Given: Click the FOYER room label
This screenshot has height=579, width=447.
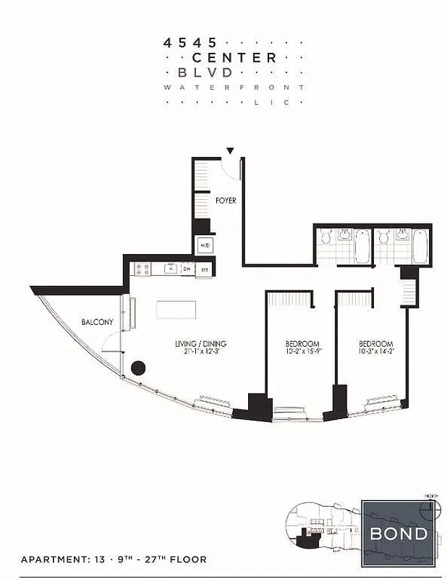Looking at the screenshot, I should pos(226,200).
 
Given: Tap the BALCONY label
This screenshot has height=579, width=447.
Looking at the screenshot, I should pos(95,321).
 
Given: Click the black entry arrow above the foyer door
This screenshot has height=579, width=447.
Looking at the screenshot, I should pos(230,151).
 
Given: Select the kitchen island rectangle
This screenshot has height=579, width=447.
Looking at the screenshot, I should pos(176,310).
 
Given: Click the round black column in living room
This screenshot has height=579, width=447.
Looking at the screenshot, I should pos(138,368).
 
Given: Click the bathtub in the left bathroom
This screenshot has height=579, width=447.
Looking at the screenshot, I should pos(362,246).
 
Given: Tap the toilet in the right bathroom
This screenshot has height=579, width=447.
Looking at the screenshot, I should pos(383,236).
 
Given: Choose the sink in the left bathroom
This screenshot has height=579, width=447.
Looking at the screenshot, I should pos(344,234).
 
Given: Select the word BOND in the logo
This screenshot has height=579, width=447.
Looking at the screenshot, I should pos(399,534).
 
